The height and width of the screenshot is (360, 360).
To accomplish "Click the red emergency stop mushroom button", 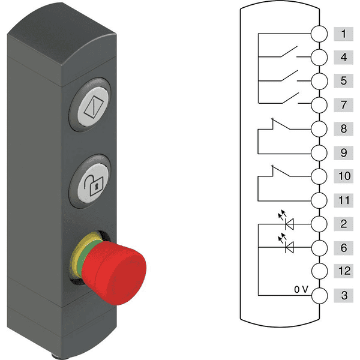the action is (114, 273).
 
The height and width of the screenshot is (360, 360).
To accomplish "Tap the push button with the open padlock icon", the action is (91, 181).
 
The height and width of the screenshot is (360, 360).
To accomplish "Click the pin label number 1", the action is (343, 34).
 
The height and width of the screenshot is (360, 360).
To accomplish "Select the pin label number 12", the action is (344, 271).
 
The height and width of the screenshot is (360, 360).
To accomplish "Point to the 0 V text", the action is (301, 289).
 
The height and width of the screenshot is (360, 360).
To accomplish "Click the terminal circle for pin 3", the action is (319, 295).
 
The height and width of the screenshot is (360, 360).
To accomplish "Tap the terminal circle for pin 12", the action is (319, 271).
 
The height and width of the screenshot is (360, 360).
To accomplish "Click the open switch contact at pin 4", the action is (289, 52).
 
